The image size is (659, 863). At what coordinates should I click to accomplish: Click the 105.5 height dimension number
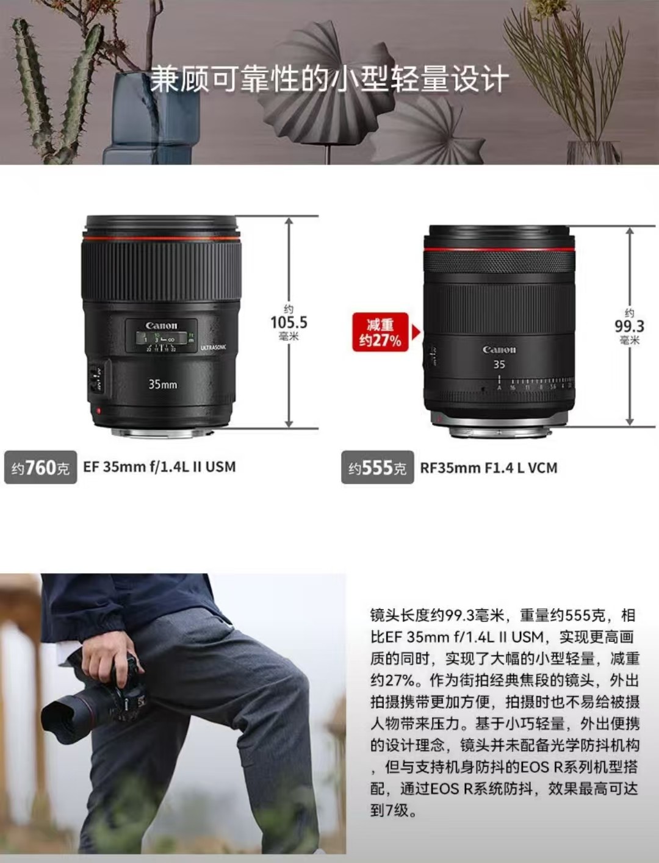(289, 323)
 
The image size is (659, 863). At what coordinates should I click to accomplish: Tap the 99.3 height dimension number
(630, 326)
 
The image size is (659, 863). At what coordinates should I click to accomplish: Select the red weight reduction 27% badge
(381, 332)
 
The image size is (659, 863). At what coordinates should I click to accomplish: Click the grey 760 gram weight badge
(40, 467)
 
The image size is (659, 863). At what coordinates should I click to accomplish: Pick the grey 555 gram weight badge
(378, 467)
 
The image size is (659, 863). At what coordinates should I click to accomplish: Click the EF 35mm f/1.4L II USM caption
(159, 467)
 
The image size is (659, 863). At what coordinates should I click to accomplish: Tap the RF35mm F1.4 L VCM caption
(489, 468)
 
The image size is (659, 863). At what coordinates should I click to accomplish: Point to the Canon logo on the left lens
(161, 326)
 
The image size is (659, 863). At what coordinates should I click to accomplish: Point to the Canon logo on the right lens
(499, 349)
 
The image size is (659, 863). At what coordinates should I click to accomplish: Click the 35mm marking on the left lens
(162, 384)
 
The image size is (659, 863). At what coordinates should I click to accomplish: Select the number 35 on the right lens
(499, 365)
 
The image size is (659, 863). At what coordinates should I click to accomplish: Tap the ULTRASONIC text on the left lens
(213, 348)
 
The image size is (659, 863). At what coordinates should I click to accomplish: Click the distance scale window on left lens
(162, 338)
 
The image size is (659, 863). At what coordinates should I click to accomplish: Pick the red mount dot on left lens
(98, 411)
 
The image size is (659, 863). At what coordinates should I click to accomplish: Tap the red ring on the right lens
(499, 249)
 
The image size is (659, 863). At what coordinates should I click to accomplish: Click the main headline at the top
(329, 80)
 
